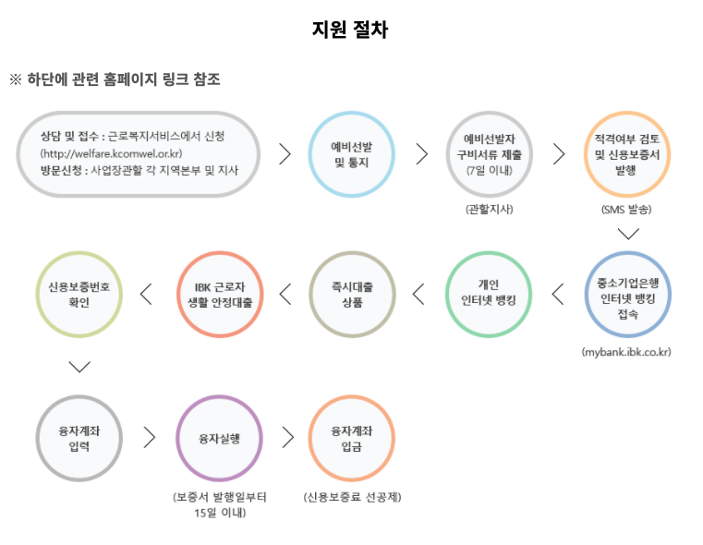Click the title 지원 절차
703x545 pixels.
click(351, 30)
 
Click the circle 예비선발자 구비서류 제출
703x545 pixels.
click(489, 154)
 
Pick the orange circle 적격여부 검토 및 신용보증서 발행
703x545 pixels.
click(627, 154)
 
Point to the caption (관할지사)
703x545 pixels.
click(489, 209)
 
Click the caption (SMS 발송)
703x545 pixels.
click(627, 209)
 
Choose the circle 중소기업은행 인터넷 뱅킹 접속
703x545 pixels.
click(627, 294)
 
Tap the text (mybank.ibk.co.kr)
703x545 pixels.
click(627, 353)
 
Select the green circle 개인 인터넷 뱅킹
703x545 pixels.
click(489, 294)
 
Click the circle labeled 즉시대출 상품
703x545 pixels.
click(352, 294)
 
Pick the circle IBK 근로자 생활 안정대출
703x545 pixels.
click(220, 294)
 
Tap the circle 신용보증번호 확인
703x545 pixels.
click(80, 294)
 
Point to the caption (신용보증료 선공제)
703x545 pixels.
click(352, 497)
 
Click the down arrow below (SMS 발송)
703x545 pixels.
click(628, 234)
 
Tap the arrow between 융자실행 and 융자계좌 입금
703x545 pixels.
click(287, 437)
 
